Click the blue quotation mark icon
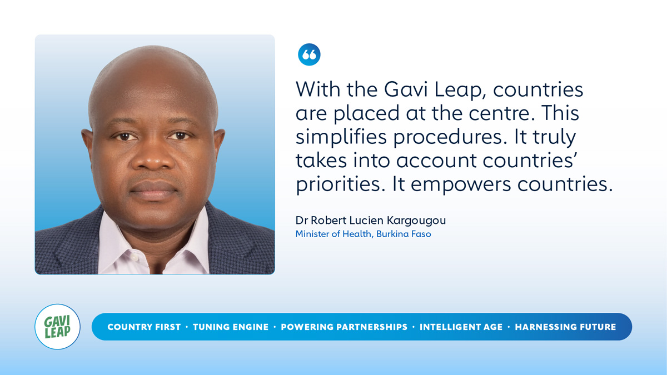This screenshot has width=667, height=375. pyautogui.click(x=309, y=54)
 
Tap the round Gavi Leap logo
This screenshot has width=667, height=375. pyautogui.click(x=57, y=327)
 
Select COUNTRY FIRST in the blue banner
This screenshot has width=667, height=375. pyautogui.click(x=144, y=327)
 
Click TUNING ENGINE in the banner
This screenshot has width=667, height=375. pyautogui.click(x=231, y=327)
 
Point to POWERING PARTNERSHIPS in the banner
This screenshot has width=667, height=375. pyautogui.click(x=344, y=327)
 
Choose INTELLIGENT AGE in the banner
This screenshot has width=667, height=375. pyautogui.click(x=461, y=327)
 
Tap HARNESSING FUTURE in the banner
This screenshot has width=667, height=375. pyautogui.click(x=565, y=327)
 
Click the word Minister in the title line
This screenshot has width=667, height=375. pyautogui.click(x=312, y=234)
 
